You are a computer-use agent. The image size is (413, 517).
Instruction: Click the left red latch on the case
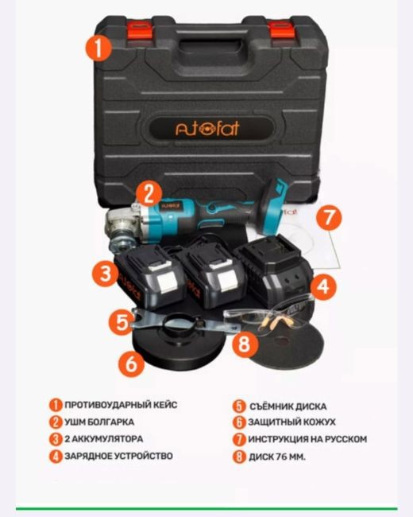pyautogui.click(x=140, y=30)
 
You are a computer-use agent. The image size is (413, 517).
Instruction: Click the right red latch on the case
pyautogui.click(x=282, y=30)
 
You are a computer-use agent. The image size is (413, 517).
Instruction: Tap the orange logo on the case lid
pyautogui.click(x=207, y=128)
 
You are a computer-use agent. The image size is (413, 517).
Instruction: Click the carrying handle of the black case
pyautogui.click(x=211, y=42)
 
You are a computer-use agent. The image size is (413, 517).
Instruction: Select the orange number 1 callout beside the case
pyautogui.click(x=98, y=48)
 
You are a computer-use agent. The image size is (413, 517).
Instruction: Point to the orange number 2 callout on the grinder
pyautogui.click(x=149, y=194)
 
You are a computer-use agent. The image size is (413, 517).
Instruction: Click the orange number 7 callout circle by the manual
pyautogui.click(x=329, y=217)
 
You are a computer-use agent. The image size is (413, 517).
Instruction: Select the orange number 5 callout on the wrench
pyautogui.click(x=122, y=321)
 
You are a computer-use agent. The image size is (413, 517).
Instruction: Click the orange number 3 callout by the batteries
pyautogui.click(x=105, y=274)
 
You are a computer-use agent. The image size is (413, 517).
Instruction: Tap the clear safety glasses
pyautogui.click(x=269, y=316)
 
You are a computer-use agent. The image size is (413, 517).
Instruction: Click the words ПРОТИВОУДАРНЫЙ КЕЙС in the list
pyautogui.click(x=121, y=405)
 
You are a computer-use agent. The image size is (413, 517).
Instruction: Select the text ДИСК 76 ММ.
pyautogui.click(x=277, y=457)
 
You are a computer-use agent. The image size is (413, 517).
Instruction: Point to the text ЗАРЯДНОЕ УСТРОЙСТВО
pyautogui.click(x=118, y=456)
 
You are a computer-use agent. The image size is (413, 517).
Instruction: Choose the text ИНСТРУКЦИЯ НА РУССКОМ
pyautogui.click(x=307, y=439)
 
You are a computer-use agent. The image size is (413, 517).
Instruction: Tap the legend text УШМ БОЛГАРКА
pyautogui.click(x=99, y=422)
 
